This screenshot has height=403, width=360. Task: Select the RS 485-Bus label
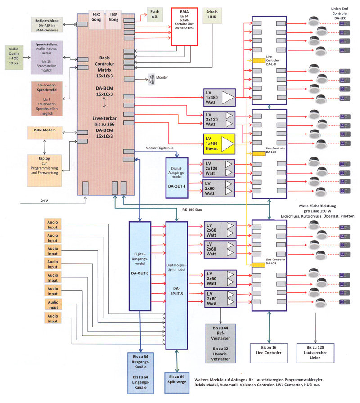pyautogui.click(x=192, y=209)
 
